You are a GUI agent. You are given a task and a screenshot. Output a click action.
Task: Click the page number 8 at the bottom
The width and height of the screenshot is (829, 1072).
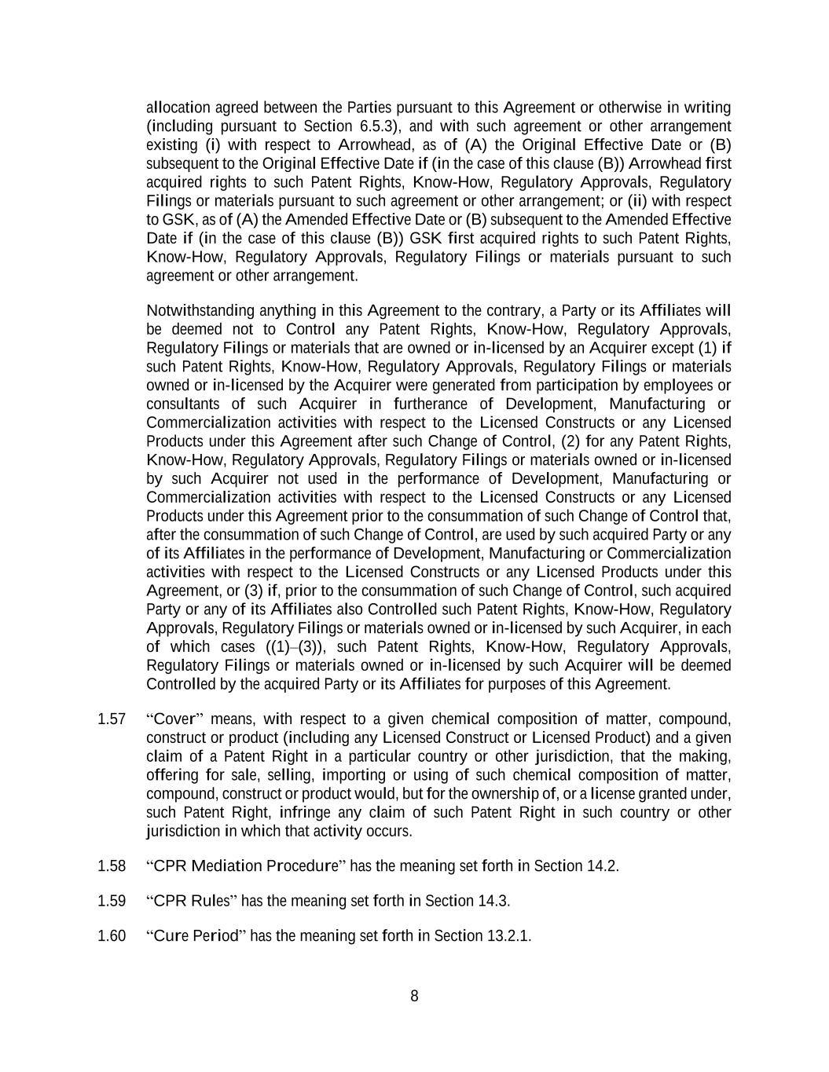click(x=414, y=997)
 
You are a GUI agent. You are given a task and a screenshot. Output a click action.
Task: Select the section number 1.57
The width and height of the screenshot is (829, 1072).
click(x=112, y=719)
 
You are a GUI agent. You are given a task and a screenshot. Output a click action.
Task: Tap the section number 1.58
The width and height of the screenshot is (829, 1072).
click(x=112, y=866)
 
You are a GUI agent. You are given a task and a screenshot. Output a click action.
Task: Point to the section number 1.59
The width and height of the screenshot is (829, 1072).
click(x=112, y=901)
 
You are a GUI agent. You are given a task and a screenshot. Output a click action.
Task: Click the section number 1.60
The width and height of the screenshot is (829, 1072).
click(x=112, y=935)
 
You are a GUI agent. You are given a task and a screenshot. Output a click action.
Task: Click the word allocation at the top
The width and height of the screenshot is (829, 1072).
click(x=178, y=108)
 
